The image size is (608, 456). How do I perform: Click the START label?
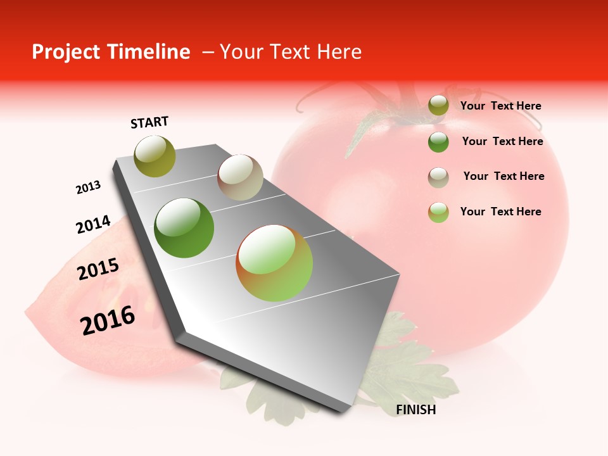click(x=149, y=122)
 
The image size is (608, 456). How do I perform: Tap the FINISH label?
click(x=415, y=410)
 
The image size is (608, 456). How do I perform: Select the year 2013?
click(x=88, y=187)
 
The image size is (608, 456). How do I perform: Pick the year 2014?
click(x=93, y=225)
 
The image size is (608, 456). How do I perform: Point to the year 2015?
click(x=98, y=269)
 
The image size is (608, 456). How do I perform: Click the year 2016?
click(x=108, y=320)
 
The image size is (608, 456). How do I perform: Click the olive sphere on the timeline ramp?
click(x=155, y=156)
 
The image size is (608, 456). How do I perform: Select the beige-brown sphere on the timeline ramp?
click(x=240, y=177)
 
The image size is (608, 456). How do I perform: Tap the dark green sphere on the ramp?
click(x=184, y=228)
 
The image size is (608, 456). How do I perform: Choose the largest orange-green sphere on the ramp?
click(x=274, y=263)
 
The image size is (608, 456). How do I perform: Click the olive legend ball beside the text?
click(x=438, y=106)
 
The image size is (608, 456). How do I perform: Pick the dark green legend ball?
click(x=438, y=142)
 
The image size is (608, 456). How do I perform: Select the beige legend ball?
click(x=438, y=177)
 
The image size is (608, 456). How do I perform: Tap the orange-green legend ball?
click(x=438, y=212)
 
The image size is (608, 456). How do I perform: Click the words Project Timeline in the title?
click(x=111, y=52)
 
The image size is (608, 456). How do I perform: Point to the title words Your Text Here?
click(x=291, y=52)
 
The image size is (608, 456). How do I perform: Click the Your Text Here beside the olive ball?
click(x=500, y=106)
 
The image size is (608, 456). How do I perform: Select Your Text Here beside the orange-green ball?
click(x=500, y=212)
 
